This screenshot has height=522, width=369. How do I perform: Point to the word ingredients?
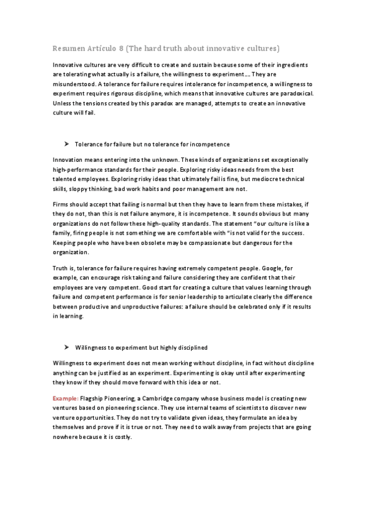pyautogui.click(x=294, y=65)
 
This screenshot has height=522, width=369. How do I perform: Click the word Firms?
pyautogui.click(x=62, y=204)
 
